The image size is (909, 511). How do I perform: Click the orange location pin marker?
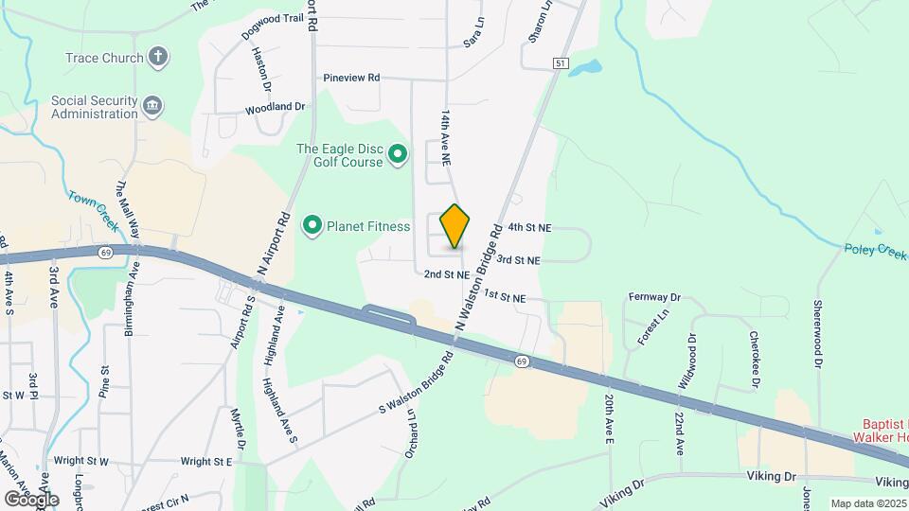tap(455, 225)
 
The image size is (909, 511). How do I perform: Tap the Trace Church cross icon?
tap(159, 57)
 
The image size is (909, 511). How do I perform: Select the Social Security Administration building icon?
tap(152, 102)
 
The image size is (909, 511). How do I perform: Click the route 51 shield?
tap(561, 62)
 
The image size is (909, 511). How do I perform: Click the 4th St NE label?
tap(529, 228)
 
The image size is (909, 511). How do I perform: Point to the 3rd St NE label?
tap(519, 259)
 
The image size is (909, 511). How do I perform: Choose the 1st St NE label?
tap(504, 297)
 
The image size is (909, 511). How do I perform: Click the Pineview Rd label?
tap(350, 78)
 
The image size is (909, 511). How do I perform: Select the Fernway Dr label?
tap(654, 297)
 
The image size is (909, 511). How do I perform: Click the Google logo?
tap(31, 499)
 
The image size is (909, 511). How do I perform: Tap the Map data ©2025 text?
tap(868, 503)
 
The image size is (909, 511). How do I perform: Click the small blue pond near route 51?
tap(587, 68)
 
